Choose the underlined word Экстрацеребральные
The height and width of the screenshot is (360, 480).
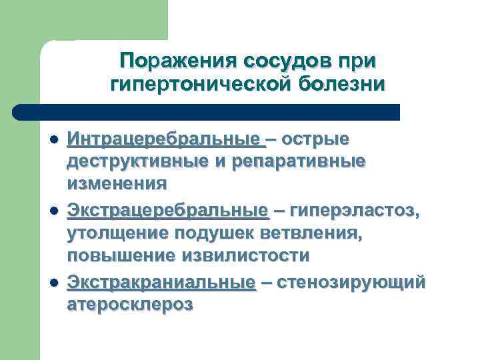click(167, 211)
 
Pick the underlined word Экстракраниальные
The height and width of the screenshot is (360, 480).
click(161, 282)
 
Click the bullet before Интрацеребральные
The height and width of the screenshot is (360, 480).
click(53, 141)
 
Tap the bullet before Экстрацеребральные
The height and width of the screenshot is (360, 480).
click(53, 212)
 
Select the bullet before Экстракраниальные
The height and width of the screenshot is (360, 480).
click(53, 283)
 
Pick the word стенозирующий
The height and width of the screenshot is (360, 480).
click(351, 282)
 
